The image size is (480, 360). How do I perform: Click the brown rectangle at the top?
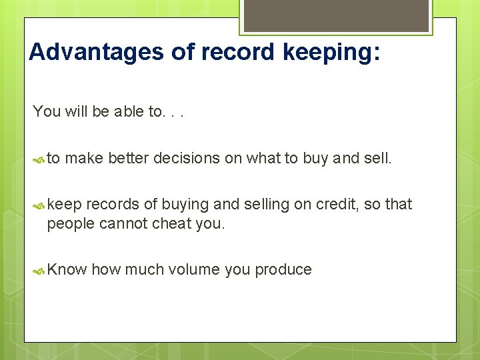coord(336,15)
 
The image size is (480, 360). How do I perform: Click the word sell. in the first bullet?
coord(378,158)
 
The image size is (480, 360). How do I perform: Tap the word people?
coord(71,224)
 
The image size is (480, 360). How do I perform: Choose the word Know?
coord(67,269)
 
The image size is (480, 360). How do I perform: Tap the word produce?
coord(283,269)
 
